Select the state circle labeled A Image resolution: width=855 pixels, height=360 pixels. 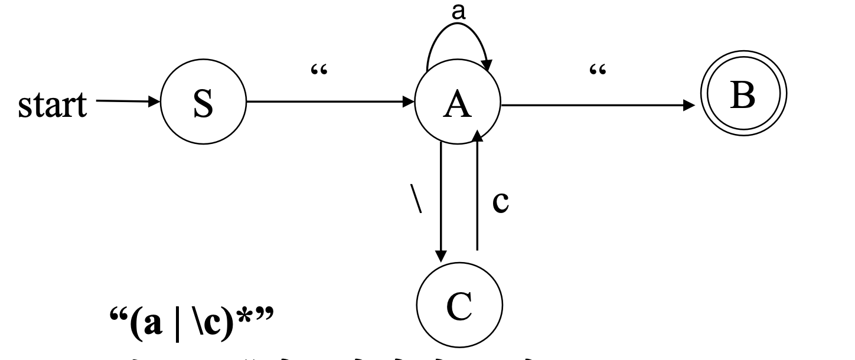tap(459, 107)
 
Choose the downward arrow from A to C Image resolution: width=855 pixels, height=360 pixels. tap(441, 201)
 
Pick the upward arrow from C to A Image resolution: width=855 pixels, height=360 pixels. tap(477, 195)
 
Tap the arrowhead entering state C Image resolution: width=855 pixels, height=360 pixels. tap(441, 255)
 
